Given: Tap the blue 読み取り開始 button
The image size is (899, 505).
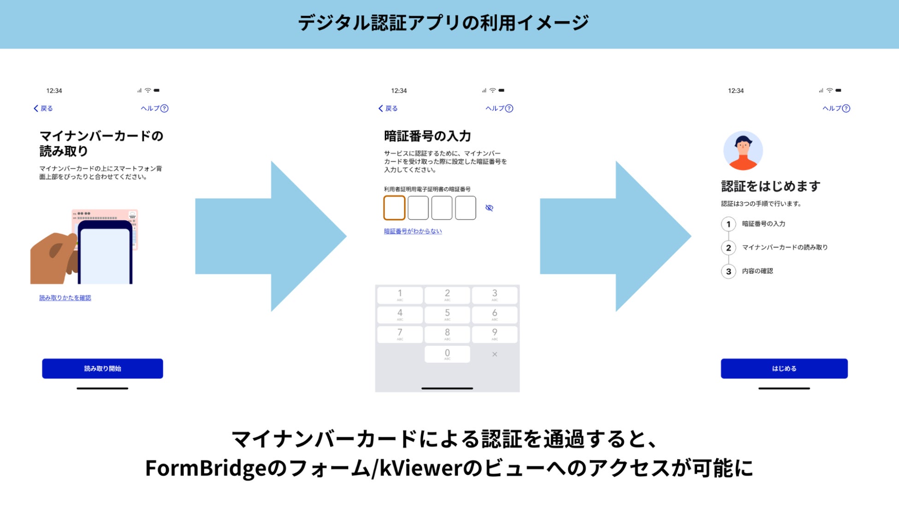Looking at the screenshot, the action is [102, 368].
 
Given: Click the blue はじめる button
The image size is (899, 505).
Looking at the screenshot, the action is [784, 368].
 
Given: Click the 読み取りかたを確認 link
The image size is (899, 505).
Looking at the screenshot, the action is [65, 298].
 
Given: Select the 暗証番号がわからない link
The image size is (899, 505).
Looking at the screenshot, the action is [413, 231].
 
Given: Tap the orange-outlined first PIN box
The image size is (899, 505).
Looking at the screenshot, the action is [394, 208].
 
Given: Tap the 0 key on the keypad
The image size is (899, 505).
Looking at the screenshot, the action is [447, 354].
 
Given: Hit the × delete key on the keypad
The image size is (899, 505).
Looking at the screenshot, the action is [494, 354].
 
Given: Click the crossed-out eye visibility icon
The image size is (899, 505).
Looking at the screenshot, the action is [489, 208].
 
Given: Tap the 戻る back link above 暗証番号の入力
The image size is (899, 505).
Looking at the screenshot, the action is [388, 108].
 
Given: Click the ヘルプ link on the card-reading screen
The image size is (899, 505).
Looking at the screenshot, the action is [154, 108].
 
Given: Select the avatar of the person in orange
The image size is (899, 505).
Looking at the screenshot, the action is [743, 151].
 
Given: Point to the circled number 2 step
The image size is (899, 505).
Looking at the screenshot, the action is [728, 248].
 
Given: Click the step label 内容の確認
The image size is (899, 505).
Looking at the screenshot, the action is [757, 271].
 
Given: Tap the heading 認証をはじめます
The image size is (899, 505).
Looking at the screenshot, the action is [770, 186].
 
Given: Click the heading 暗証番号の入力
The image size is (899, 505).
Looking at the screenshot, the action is [427, 136].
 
